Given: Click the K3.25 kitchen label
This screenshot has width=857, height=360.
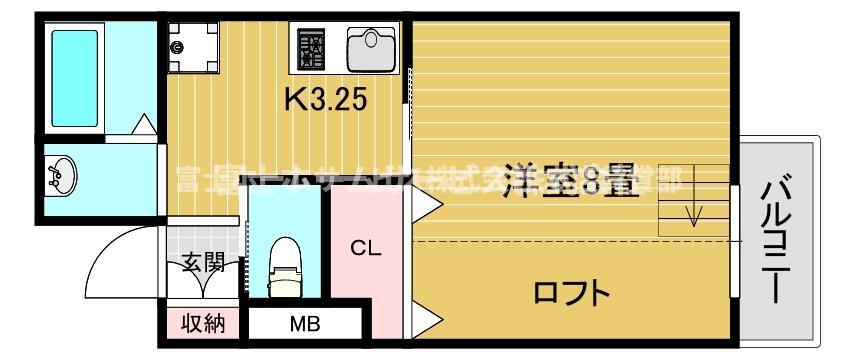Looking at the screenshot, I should coord(327,99).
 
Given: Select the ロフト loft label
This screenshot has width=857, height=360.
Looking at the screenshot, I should coord(571,293).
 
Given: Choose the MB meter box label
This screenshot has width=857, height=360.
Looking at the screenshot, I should coord(304,324).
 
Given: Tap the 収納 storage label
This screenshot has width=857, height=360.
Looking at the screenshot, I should coord(204,324).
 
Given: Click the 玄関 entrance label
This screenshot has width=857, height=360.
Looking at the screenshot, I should coord(204,264).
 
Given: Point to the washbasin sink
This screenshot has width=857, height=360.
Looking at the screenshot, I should coord(62,177).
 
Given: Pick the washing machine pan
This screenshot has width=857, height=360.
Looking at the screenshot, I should coord(194,46).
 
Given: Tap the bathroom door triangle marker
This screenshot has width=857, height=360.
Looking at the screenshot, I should coord(145,126).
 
